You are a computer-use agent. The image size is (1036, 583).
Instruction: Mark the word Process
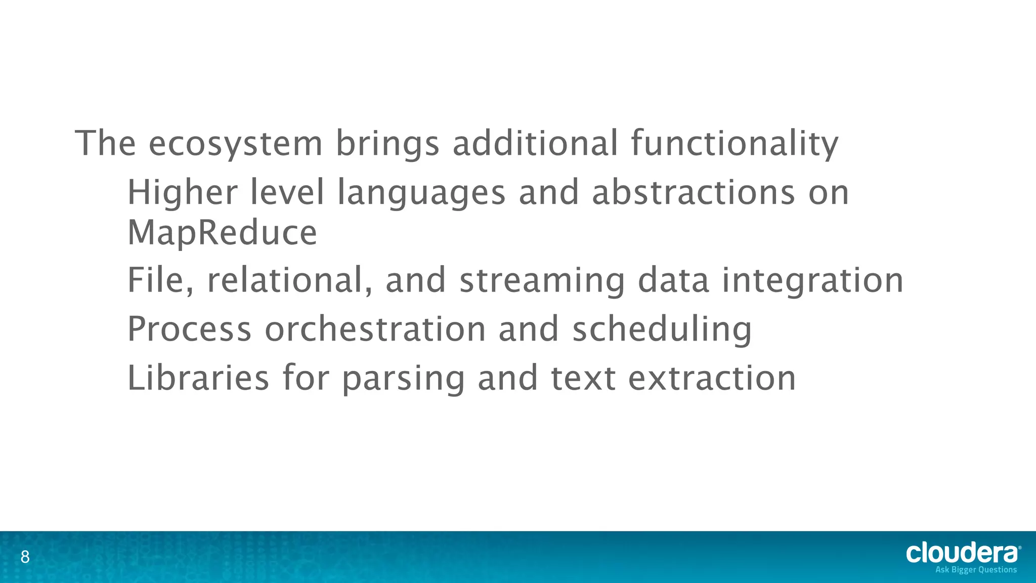point(189,329)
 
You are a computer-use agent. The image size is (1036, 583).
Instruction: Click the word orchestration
point(375,329)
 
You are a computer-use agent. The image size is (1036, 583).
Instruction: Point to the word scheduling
point(662,329)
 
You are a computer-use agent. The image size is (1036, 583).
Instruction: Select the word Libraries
point(198,378)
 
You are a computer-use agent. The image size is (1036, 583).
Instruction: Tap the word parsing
point(403,378)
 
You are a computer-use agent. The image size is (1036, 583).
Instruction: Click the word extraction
point(712,378)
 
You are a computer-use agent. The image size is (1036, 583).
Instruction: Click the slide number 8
point(25,558)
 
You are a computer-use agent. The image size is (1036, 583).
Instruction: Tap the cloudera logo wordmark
point(963,553)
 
